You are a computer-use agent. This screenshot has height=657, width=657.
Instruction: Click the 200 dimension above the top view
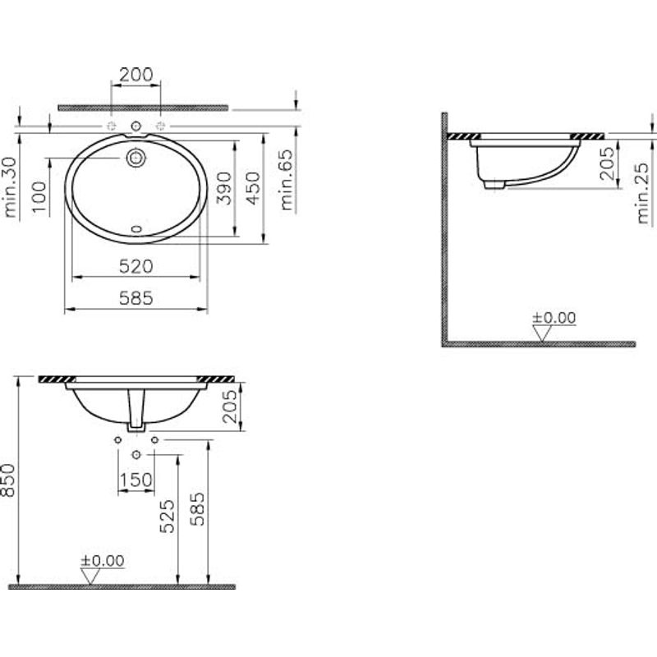pyautogui.click(x=136, y=75)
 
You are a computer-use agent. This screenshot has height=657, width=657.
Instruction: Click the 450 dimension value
pyautogui.click(x=254, y=188)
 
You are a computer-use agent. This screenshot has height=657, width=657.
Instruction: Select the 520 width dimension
pyautogui.click(x=136, y=266)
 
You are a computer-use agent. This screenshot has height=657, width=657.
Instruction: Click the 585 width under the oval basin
pyautogui.click(x=136, y=299)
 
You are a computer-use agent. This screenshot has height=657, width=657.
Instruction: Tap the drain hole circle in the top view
pyautogui.click(x=136, y=156)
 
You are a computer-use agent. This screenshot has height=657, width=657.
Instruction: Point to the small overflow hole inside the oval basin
pyautogui.click(x=136, y=228)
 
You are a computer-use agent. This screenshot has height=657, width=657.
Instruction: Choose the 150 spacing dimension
pyautogui.click(x=136, y=480)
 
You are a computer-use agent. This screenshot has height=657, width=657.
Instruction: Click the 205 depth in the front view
pyautogui.click(x=230, y=406)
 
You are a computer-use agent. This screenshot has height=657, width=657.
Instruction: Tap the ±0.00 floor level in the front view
pyautogui.click(x=103, y=561)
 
